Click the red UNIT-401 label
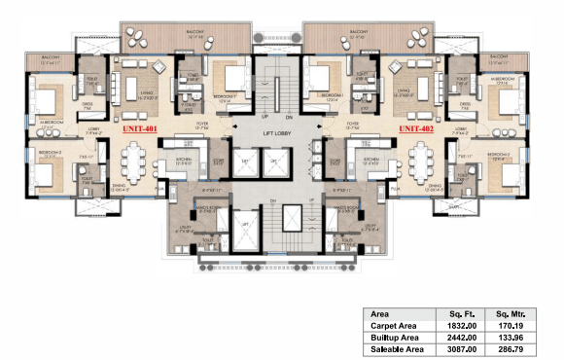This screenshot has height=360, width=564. (139, 127)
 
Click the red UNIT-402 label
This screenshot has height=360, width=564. (416, 127)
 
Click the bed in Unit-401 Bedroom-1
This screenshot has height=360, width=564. (229, 80)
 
